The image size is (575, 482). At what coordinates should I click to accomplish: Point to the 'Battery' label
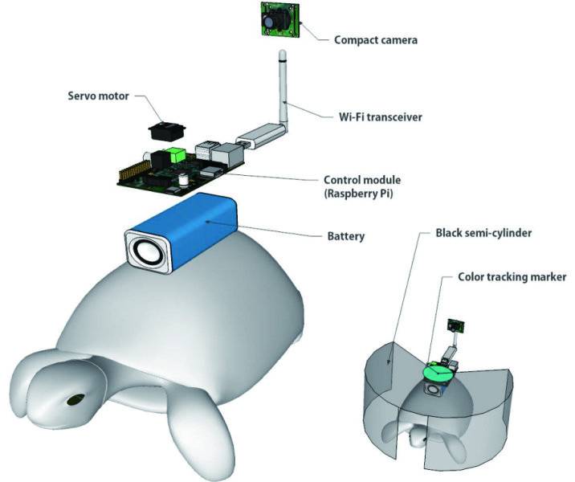click(345, 236)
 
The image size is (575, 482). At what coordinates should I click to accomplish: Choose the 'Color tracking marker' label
click(512, 276)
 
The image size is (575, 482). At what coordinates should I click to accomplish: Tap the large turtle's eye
click(76, 398)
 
